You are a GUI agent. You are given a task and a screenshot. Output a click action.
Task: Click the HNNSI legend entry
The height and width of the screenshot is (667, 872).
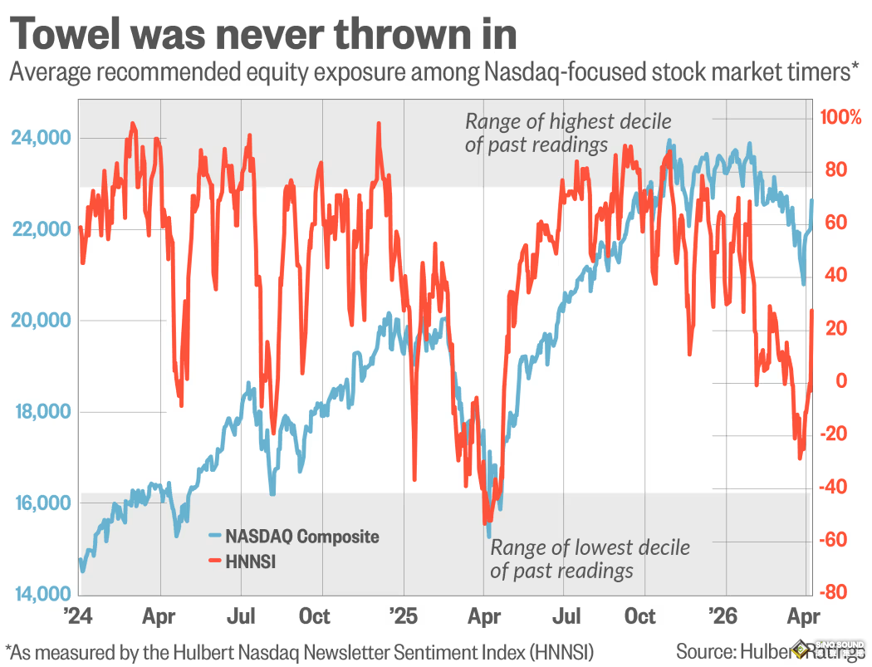pos(250,562)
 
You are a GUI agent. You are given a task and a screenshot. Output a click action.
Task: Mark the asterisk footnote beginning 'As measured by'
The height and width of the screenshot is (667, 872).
pos(299,650)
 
